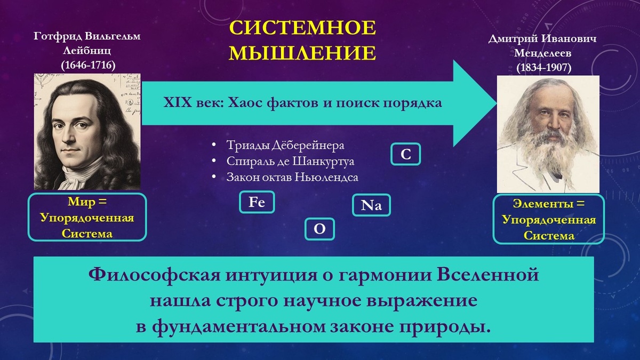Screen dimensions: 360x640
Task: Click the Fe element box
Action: tap(257, 203)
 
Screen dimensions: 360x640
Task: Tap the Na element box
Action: tap(371, 206)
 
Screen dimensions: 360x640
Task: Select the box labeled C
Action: tap(406, 155)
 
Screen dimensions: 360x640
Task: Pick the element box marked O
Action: tap(319, 229)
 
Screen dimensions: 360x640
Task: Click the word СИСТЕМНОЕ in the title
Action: tap(302, 29)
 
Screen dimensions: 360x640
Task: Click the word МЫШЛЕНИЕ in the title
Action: tap(302, 53)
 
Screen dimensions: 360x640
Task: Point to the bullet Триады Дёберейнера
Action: tap(285, 146)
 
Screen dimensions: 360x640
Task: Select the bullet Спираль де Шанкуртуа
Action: tap(290, 161)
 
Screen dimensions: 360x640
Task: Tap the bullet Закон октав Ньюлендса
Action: tap(292, 177)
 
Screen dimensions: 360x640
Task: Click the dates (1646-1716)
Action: tap(88, 65)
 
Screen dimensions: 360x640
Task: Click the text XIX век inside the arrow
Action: tap(193, 103)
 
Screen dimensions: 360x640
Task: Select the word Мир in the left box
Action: tap(80, 203)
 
